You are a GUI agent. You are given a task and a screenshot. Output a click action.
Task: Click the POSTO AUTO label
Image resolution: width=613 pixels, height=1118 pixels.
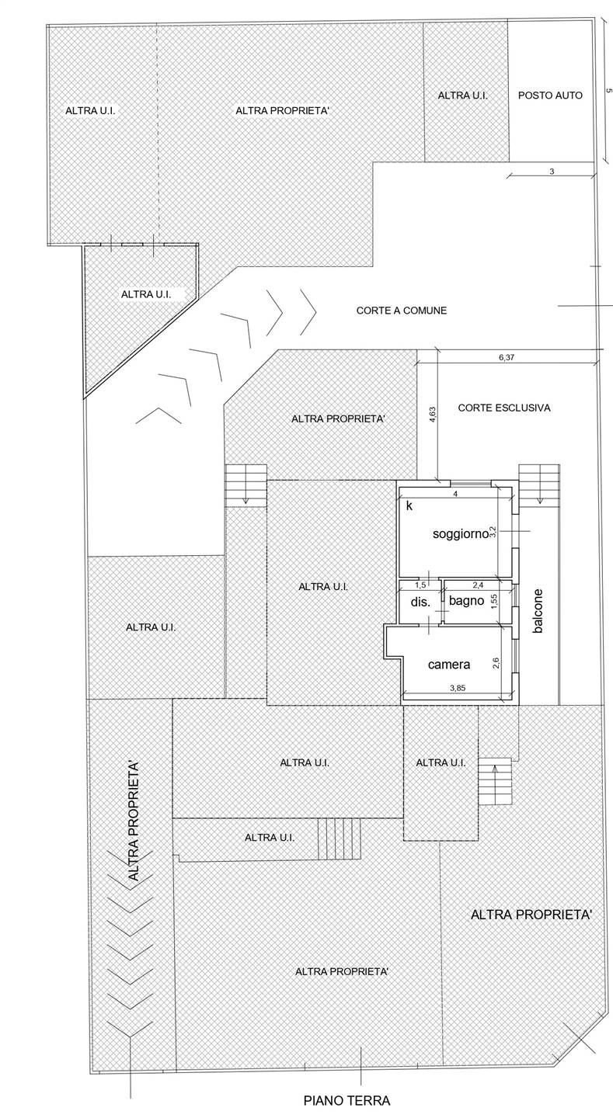[x=550, y=95]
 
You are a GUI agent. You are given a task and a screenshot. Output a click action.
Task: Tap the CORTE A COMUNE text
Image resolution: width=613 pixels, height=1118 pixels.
[x=402, y=311]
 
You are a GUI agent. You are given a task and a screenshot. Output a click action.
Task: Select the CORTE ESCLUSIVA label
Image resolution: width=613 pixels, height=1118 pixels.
[x=504, y=408]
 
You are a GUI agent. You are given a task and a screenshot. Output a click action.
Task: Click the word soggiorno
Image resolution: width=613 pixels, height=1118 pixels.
[x=460, y=534]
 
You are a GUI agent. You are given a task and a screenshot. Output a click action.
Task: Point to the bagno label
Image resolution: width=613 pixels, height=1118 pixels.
[x=467, y=600]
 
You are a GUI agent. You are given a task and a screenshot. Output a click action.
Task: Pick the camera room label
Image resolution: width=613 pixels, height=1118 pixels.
[x=449, y=665]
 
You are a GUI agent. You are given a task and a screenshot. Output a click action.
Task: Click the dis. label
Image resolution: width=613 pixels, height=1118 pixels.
[x=420, y=602]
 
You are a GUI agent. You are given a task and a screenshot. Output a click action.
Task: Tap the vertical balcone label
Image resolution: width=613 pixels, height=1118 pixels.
[x=538, y=611]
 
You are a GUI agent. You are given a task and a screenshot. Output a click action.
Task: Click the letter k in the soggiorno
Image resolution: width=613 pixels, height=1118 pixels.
[x=409, y=505]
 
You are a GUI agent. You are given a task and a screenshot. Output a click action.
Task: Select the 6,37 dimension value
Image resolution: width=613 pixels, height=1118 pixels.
[x=507, y=357]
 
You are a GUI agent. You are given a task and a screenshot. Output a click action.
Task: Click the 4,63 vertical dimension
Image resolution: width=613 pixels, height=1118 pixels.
[x=433, y=415]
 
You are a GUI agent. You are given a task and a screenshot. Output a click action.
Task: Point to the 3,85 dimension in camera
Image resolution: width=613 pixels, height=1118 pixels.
[x=458, y=687]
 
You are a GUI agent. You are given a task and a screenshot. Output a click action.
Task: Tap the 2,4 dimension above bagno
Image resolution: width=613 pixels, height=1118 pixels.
[x=478, y=585]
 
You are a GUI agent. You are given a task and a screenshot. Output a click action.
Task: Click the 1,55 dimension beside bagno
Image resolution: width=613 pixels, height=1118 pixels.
[x=494, y=601]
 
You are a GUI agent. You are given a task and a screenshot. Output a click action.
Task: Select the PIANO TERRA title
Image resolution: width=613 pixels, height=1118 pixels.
[x=347, y=1100]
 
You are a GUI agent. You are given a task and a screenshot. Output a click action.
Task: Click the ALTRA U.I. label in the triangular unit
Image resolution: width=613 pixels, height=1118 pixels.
[x=146, y=294]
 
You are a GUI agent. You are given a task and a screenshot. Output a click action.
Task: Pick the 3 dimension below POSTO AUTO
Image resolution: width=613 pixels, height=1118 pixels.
[x=552, y=171]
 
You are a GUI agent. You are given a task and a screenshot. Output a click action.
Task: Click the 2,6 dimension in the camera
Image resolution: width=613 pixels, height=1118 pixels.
[x=496, y=662]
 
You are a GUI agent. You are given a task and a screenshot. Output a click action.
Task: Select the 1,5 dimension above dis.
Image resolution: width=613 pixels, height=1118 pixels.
[x=420, y=585]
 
